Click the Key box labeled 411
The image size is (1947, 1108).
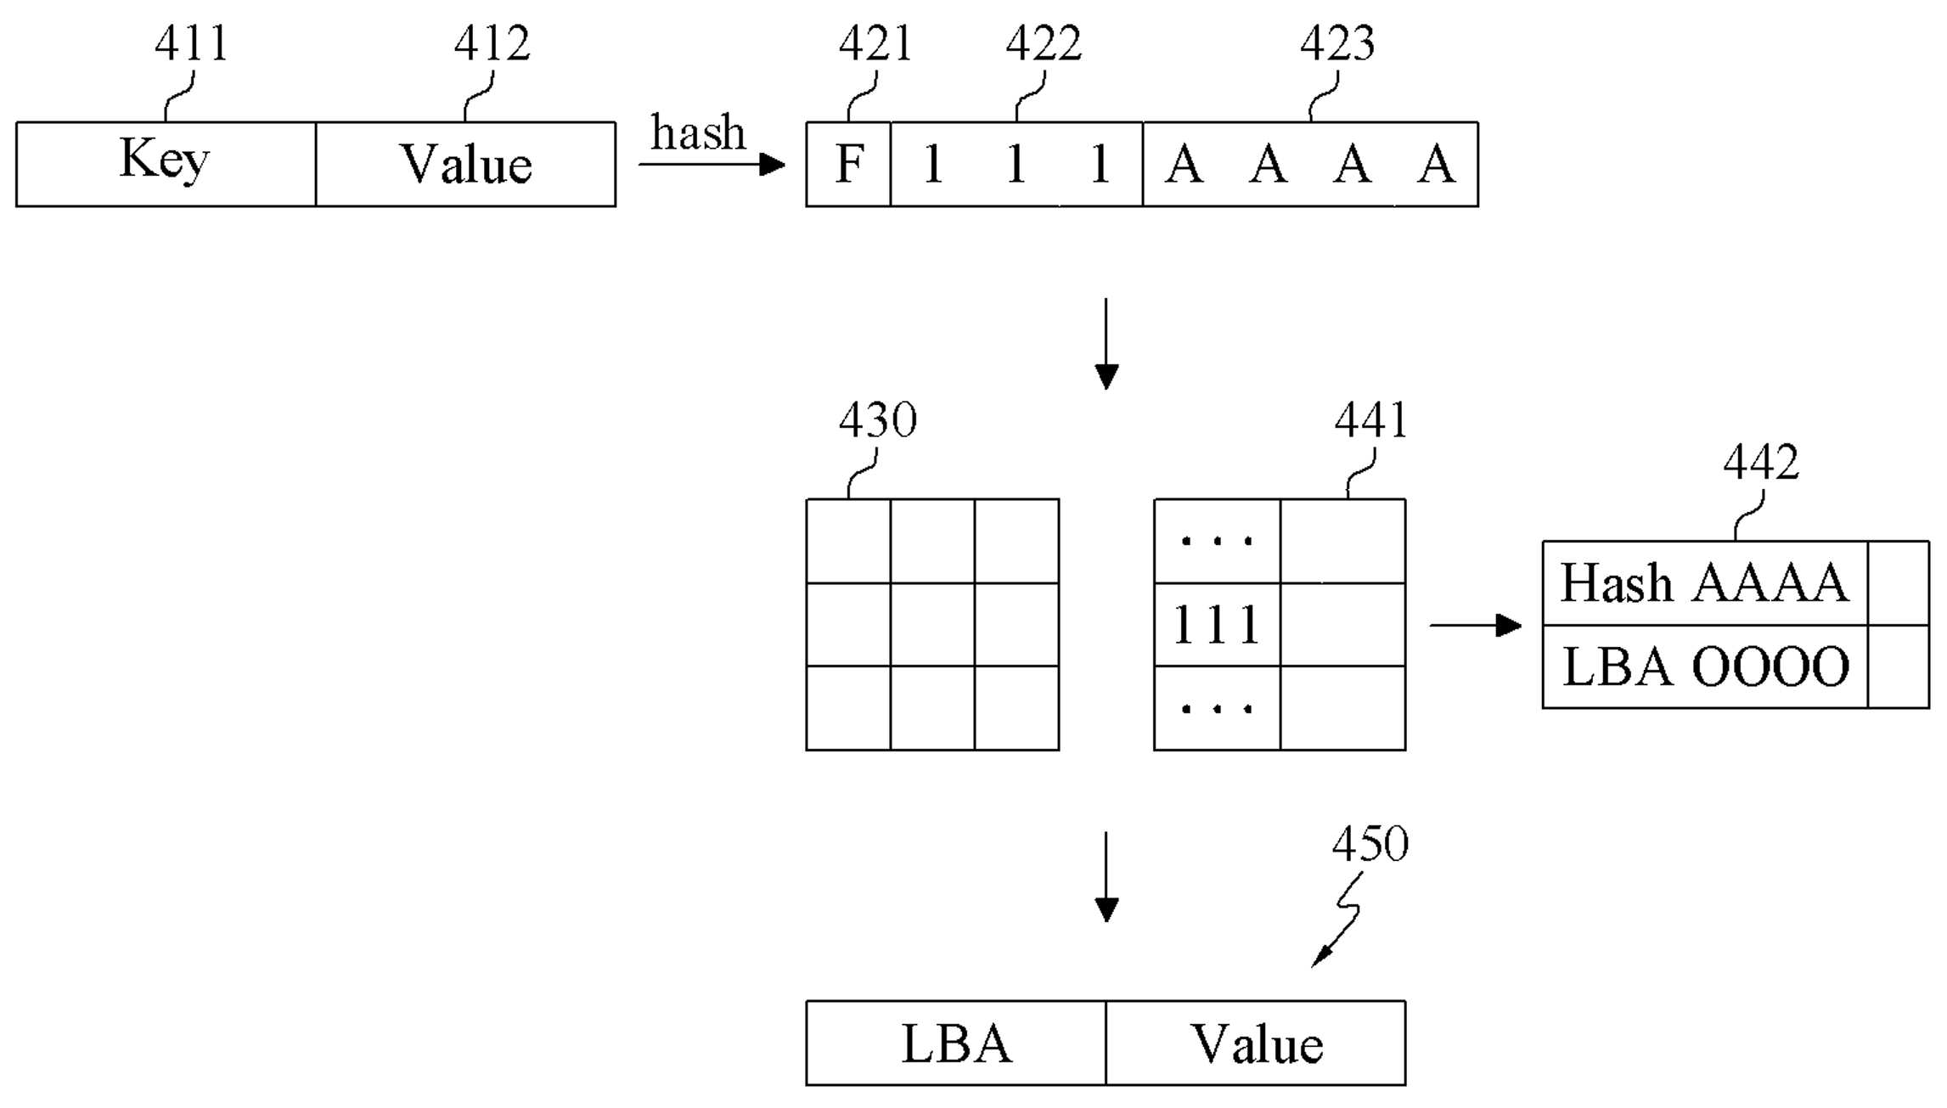coord(166,164)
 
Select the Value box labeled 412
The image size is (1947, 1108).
coord(465,164)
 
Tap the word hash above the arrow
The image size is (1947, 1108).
coord(698,132)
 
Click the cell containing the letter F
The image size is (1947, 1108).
coord(848,164)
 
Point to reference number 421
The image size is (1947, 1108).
coord(875,42)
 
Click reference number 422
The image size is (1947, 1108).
coord(1044,42)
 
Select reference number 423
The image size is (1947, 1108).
coord(1337,42)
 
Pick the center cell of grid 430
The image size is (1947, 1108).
coord(932,625)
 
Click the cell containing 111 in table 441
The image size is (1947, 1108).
coord(1217,625)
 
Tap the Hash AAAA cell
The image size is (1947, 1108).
coord(1705,583)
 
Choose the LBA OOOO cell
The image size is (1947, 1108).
coord(1705,666)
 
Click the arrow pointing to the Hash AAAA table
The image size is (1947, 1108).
coord(1476,626)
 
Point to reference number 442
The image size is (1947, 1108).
coord(1761,462)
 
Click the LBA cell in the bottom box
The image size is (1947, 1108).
coord(956,1043)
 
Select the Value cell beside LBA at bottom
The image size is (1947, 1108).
coord(1256,1043)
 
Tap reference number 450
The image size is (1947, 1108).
coord(1370,843)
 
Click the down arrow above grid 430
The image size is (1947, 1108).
coord(1106,344)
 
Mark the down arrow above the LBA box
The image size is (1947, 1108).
coord(1106,877)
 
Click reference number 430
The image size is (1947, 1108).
coord(878,419)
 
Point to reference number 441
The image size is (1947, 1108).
coord(1370,419)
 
